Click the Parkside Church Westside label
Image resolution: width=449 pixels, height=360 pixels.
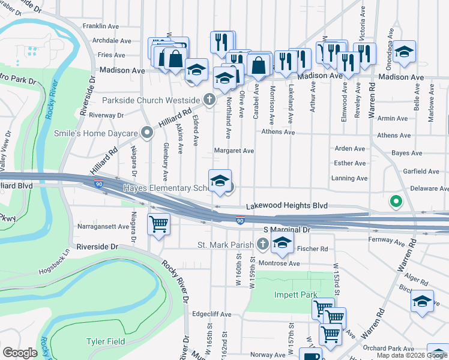(x=150, y=100)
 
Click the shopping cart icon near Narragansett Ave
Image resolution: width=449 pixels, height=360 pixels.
(x=158, y=224)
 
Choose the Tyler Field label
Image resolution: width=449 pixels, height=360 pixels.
(x=106, y=342)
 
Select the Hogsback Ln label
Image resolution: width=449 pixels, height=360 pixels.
(x=55, y=251)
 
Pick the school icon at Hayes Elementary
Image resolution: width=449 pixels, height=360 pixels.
(x=220, y=181)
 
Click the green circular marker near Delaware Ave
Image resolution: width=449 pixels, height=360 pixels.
(x=396, y=202)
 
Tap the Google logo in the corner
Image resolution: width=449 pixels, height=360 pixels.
(x=20, y=353)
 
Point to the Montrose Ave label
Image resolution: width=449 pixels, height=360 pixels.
(x=283, y=263)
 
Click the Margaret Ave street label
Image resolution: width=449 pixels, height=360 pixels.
(x=234, y=151)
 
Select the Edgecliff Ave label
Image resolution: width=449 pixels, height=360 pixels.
(x=212, y=314)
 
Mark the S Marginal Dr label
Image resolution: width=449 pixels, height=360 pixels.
(x=286, y=230)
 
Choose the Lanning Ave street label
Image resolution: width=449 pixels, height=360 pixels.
(x=349, y=178)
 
